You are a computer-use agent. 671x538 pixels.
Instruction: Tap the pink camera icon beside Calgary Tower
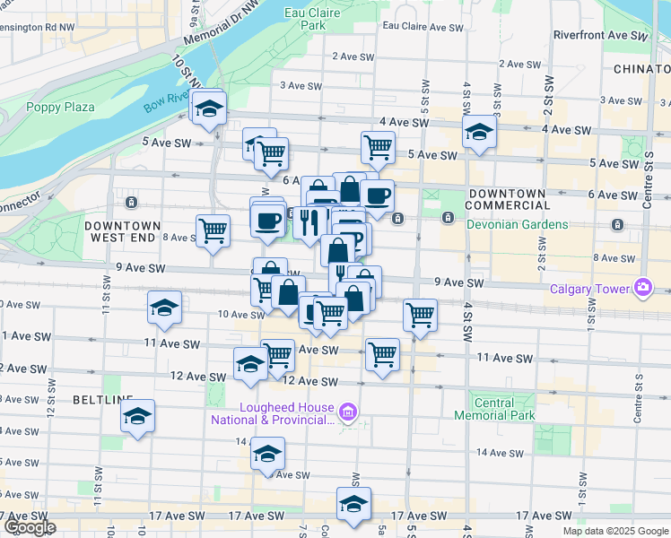(x=643, y=288)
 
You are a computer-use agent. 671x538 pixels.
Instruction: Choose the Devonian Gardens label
(x=517, y=224)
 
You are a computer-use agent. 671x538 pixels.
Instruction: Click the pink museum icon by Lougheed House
(x=350, y=412)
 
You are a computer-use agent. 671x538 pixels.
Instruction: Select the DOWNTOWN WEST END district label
(x=123, y=232)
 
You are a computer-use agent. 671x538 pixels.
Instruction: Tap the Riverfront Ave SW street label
(x=600, y=36)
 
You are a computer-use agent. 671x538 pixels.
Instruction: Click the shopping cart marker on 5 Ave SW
(x=378, y=147)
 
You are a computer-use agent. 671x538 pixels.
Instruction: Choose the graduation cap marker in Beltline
(x=137, y=416)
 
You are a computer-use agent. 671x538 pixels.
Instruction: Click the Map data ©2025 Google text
(x=615, y=531)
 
